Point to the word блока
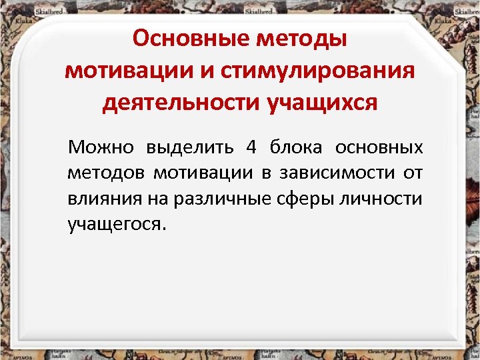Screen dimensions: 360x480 pyautogui.click(x=297, y=147)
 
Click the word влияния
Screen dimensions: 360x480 pyautogui.click(x=101, y=199)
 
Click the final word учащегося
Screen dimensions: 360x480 pyautogui.click(x=115, y=225)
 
